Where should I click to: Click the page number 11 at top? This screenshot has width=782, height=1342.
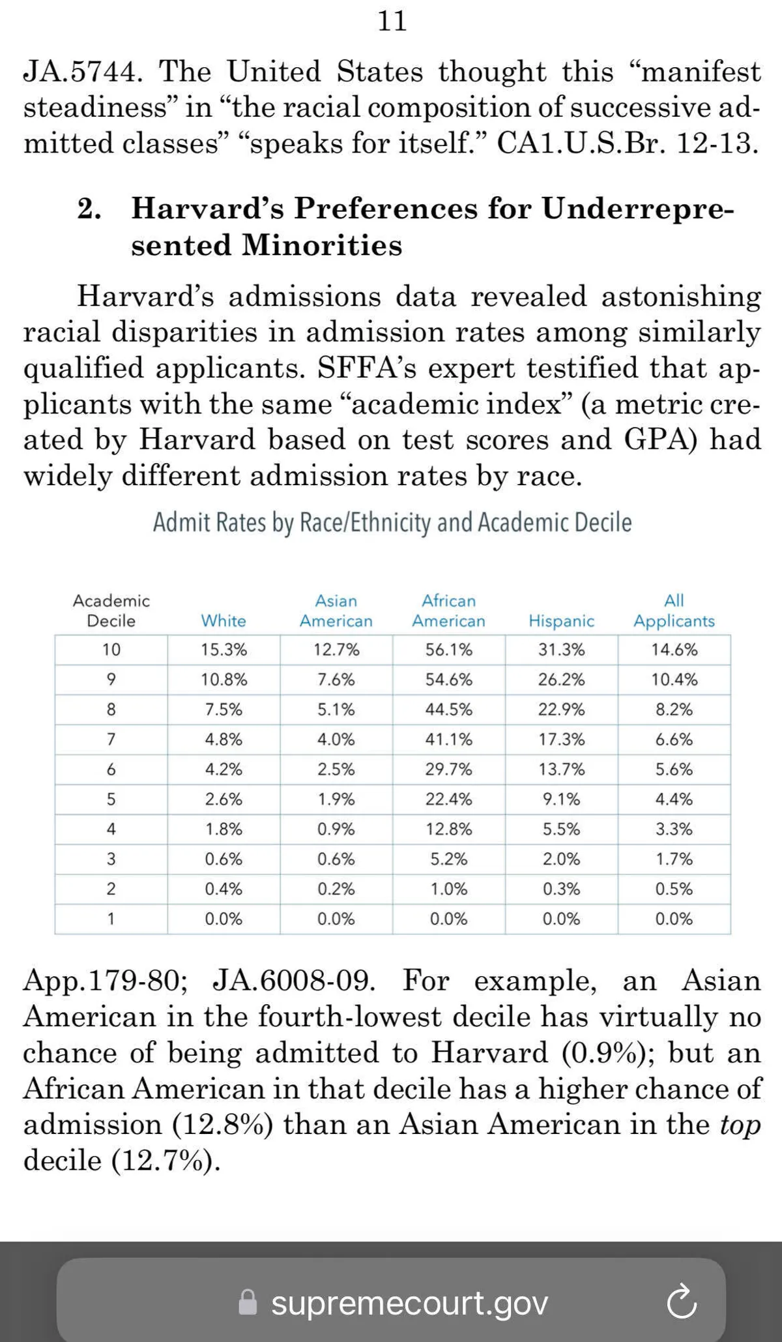pyautogui.click(x=392, y=22)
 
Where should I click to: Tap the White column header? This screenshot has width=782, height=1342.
pyautogui.click(x=224, y=621)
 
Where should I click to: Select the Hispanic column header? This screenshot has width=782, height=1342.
pyautogui.click(x=561, y=621)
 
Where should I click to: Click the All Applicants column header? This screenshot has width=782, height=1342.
pyautogui.click(x=674, y=611)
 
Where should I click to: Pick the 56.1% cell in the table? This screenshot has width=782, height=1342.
pyautogui.click(x=448, y=650)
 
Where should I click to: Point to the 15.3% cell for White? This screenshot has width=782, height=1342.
pyautogui.click(x=224, y=650)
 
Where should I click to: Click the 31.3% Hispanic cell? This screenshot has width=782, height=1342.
pyautogui.click(x=561, y=650)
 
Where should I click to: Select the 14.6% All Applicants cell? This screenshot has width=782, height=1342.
pyautogui.click(x=674, y=650)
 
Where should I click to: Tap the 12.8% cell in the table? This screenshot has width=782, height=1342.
pyautogui.click(x=448, y=829)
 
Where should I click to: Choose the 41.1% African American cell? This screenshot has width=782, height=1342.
pyautogui.click(x=448, y=739)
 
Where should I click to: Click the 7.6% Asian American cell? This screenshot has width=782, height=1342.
pyautogui.click(x=336, y=680)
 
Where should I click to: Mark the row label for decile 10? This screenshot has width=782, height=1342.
pyautogui.click(x=111, y=650)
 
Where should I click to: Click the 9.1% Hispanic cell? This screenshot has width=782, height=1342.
pyautogui.click(x=561, y=799)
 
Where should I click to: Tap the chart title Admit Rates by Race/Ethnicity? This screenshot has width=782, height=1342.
pyautogui.click(x=392, y=523)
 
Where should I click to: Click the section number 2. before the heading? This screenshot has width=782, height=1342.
pyautogui.click(x=89, y=209)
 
